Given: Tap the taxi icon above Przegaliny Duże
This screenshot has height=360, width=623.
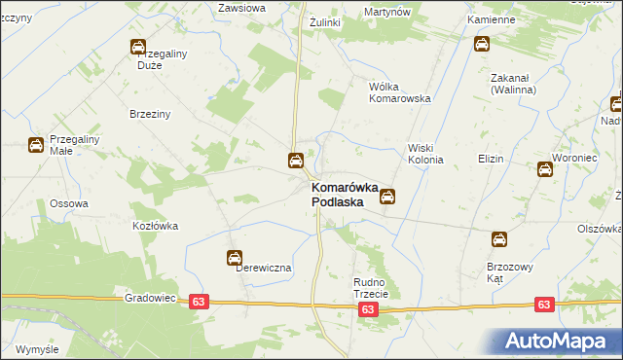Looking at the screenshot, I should click(138, 46).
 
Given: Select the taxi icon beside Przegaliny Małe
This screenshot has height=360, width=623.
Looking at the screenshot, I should click(35, 146).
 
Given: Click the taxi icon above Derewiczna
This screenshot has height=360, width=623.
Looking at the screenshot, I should click(235, 258).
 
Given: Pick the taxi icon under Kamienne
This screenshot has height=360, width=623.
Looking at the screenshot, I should click(482, 44).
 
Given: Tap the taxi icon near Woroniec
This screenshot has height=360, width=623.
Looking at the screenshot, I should click(545, 169).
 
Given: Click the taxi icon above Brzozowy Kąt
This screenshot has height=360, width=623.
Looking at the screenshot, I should click(498, 238).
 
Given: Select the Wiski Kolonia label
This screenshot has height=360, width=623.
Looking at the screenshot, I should click(425, 153).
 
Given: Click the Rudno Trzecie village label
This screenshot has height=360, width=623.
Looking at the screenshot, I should click(371, 288).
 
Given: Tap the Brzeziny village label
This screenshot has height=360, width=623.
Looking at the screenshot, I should click(150, 114).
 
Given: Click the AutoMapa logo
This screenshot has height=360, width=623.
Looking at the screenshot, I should click(558, 342).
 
